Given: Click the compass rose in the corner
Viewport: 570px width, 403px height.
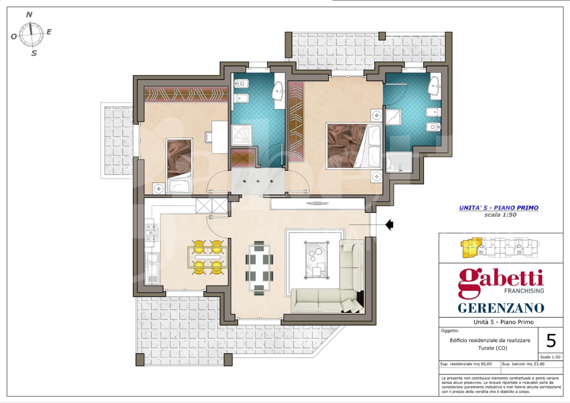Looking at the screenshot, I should [31, 34].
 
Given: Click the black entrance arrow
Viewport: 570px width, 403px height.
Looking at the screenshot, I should [390, 225].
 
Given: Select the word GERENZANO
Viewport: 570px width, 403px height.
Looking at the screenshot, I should [501, 308].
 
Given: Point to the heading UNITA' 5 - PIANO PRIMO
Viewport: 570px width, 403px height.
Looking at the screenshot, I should [498, 208].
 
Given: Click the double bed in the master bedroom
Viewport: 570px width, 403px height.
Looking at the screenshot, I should [354, 146].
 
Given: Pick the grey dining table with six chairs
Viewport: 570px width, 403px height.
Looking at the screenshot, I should [258, 266].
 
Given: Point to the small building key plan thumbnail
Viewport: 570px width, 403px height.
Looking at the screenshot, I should [500, 248].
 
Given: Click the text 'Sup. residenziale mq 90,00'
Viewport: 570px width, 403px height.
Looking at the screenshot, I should [466, 364].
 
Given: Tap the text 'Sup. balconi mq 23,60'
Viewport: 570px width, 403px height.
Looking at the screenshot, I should [523, 364].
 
